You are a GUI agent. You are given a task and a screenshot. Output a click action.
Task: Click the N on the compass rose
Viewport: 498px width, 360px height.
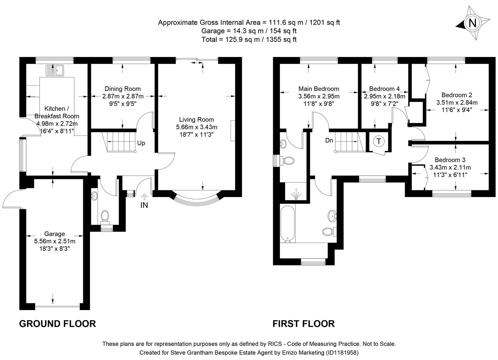coord(472,23)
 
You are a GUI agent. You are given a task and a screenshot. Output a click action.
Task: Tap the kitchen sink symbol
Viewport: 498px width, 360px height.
coord(55,71)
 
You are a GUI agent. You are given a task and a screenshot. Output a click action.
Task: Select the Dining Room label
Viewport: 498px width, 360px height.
coord(123,89)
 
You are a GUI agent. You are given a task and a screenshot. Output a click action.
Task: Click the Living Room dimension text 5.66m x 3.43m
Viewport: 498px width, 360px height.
coord(197,127)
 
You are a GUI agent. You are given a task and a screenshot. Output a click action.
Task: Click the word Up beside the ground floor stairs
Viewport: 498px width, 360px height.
coord(141,143)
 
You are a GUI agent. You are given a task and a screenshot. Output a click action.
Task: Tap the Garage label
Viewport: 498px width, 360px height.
coord(55,234)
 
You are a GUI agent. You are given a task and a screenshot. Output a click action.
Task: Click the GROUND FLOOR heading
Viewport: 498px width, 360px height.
coord(57,324)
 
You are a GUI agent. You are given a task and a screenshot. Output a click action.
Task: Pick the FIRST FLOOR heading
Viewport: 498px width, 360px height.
coord(303,324)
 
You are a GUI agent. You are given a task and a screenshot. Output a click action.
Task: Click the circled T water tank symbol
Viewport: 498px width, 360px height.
coord(378,141)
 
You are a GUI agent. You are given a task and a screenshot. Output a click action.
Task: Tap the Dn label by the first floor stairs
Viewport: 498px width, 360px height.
coord(329,140)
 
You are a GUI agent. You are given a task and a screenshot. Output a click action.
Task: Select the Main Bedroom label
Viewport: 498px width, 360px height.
coord(318,89)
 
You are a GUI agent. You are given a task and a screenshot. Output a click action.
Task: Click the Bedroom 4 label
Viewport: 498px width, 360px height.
coord(384,89)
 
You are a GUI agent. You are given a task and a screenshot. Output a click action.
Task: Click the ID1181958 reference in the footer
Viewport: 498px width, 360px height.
coord(342,352)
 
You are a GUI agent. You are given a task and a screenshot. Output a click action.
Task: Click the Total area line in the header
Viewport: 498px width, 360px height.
coord(249,39)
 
